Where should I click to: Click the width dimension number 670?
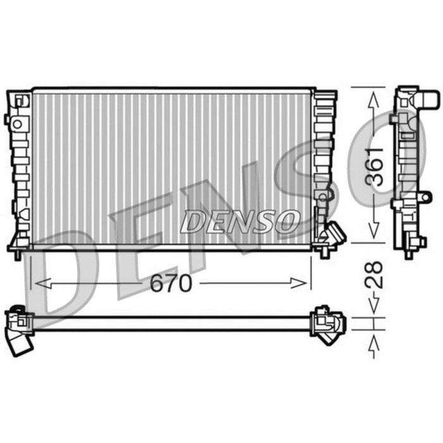[x=170, y=284]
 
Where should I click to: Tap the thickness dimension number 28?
[x=375, y=274]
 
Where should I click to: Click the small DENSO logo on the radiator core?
[x=240, y=221]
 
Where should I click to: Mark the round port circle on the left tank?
[x=17, y=124]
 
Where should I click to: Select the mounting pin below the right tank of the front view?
[x=325, y=254]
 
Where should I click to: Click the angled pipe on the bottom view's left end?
[x=20, y=343]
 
